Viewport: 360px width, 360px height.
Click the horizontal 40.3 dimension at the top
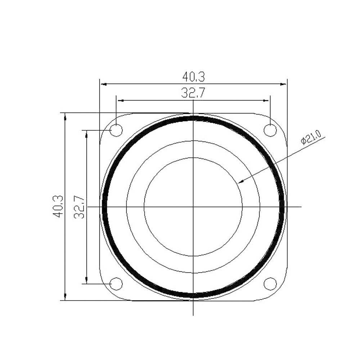pyautogui.click(x=193, y=77)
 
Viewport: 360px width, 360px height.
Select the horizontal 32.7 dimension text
pyautogui.click(x=193, y=94)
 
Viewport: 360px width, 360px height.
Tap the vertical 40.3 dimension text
pyautogui.click(x=58, y=206)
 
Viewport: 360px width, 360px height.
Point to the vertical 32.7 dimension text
pyautogui.click(x=79, y=207)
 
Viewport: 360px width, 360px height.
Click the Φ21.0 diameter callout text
pyautogui.click(x=312, y=139)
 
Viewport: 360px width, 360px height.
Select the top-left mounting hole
pyautogui.click(x=116, y=130)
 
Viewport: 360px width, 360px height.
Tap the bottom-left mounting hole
pyautogui.click(x=116, y=284)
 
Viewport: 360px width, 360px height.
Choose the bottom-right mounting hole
pyautogui.click(x=270, y=284)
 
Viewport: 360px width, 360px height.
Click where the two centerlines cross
pyautogui.click(x=193, y=207)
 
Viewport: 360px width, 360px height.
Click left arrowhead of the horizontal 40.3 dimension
pyautogui.click(x=103, y=84)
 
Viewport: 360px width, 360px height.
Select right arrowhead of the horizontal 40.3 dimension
pyautogui.click(x=284, y=84)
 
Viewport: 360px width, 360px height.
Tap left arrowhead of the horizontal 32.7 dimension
pyautogui.click(x=120, y=100)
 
